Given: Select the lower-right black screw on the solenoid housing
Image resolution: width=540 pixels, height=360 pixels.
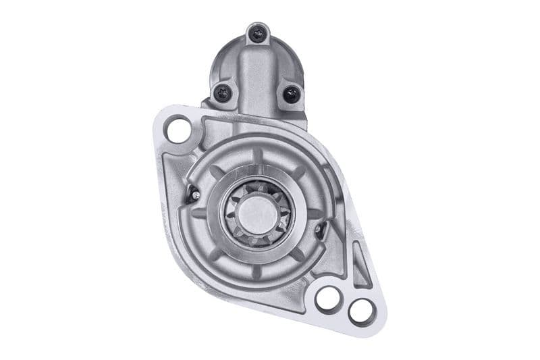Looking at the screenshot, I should (x=291, y=94).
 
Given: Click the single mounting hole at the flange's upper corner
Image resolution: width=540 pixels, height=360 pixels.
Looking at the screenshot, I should (x=179, y=129).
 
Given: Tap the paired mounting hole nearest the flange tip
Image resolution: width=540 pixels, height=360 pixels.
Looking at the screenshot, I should (x=360, y=311).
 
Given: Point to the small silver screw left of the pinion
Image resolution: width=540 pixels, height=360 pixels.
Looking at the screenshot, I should (x=196, y=195).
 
